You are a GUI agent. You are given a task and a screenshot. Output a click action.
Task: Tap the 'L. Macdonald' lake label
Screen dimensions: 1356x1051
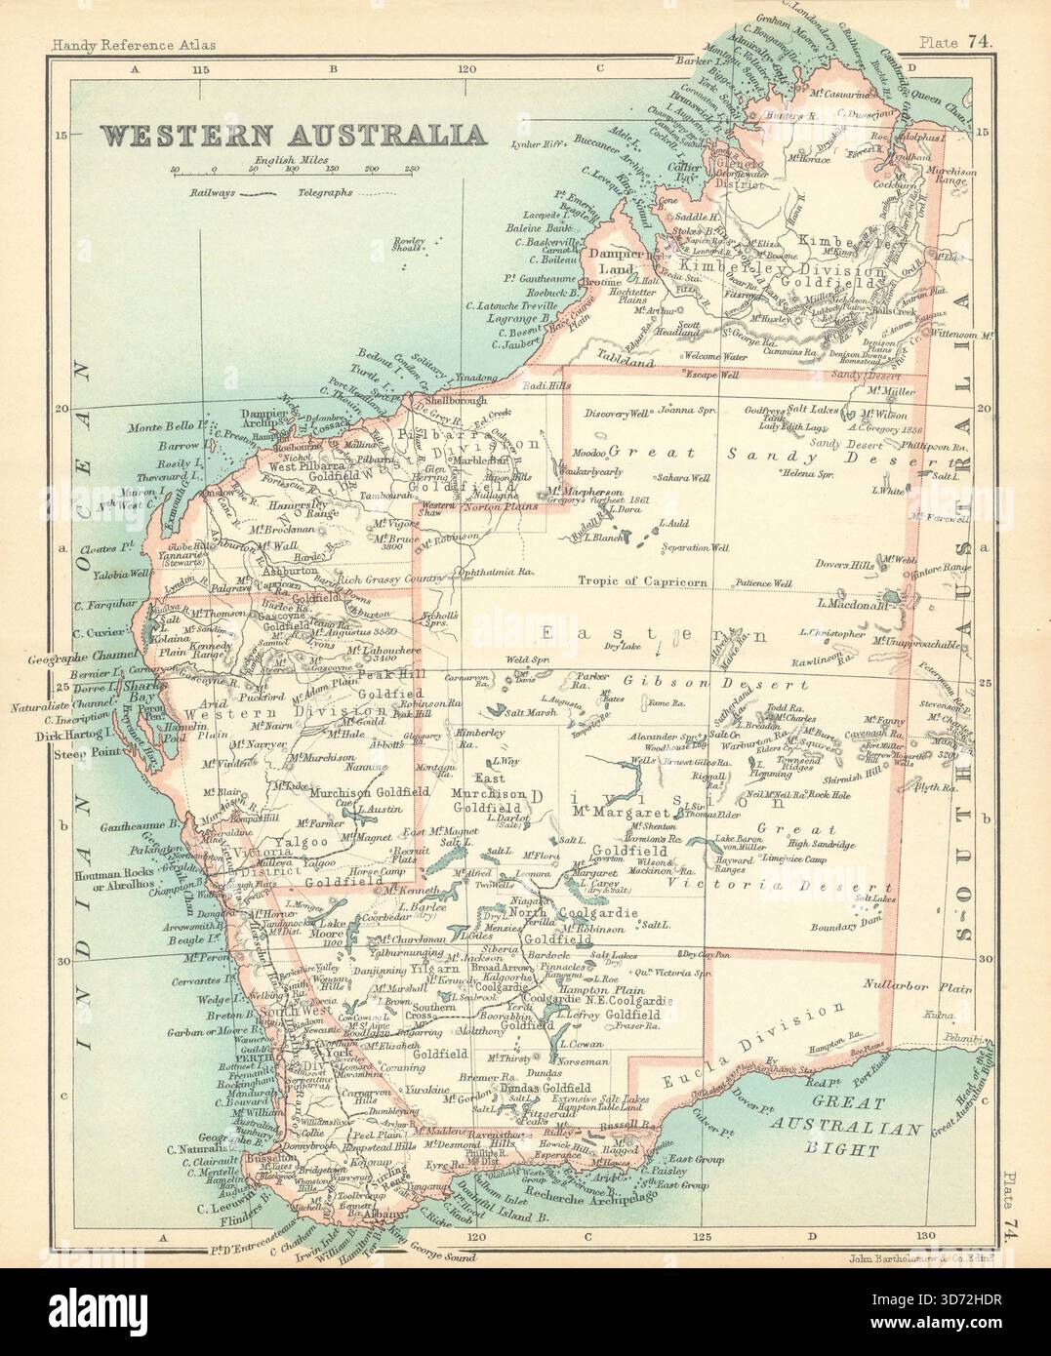(x=846, y=604)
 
